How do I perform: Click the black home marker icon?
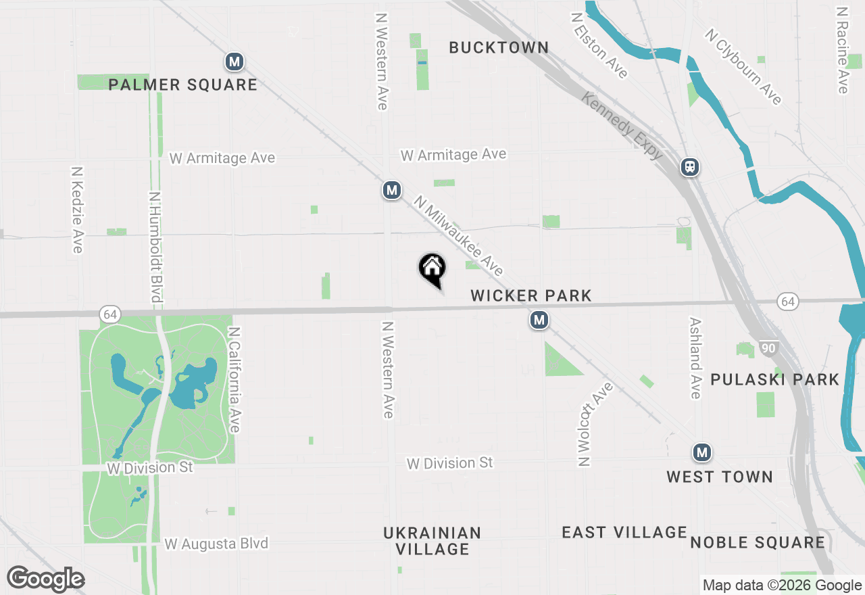432,268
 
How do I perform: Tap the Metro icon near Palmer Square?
234,62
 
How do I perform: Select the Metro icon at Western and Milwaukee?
392,191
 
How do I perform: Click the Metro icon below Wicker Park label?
539,320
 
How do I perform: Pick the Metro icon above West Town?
702,452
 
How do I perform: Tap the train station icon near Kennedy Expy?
690,167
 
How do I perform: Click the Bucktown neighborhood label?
499,47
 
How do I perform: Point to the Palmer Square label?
183,85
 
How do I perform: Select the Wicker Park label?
531,295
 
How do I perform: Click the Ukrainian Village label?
432,541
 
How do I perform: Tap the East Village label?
624,533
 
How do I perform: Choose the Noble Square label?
758,542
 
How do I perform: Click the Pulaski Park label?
774,379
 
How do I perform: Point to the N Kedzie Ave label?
77,210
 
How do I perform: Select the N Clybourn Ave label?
743,66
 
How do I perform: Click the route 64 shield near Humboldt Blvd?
110,314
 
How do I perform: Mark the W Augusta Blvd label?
216,544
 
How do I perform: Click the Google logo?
45,579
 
